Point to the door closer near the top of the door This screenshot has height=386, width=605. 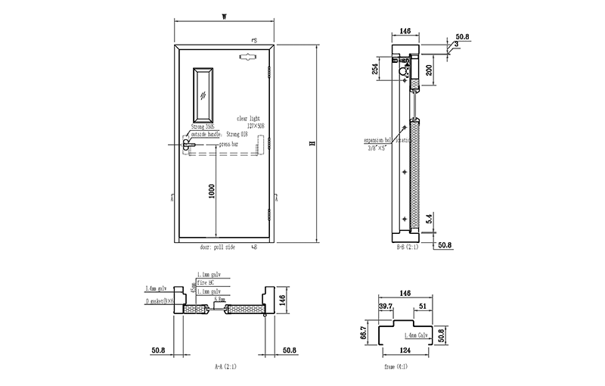point(249,56)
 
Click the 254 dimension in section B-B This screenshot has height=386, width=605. point(375,70)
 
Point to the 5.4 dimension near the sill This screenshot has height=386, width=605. point(430,219)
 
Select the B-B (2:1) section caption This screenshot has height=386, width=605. point(408,247)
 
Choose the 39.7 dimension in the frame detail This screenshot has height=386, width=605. point(386,307)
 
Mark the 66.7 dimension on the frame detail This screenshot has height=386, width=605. point(363,331)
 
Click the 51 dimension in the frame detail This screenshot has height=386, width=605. point(423,307)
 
